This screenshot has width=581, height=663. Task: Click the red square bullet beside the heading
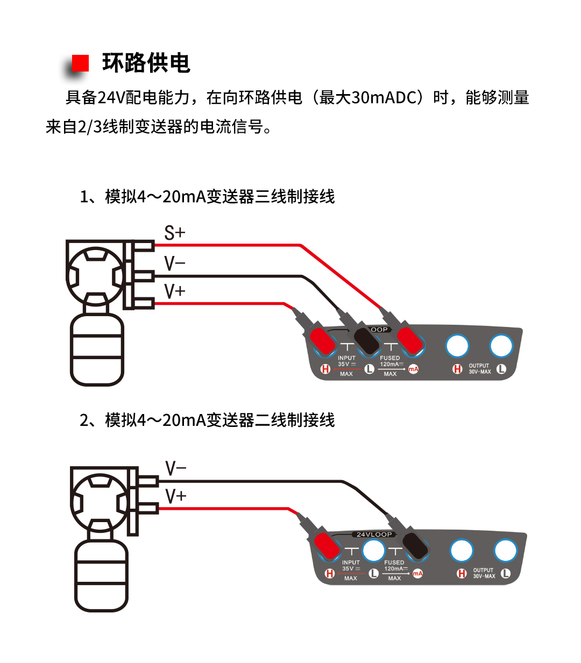click(80, 63)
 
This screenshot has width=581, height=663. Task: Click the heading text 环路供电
click(146, 63)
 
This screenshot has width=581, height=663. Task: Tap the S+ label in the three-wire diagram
click(175, 233)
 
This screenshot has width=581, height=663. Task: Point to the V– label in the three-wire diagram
click(175, 263)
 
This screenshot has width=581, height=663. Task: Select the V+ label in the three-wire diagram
click(175, 291)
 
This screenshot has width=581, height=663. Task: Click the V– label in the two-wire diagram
click(176, 468)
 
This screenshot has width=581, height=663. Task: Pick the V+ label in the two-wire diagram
click(176, 496)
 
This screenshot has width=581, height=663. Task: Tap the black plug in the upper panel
click(367, 341)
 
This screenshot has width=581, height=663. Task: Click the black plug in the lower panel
click(416, 545)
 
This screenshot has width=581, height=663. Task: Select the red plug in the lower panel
click(327, 546)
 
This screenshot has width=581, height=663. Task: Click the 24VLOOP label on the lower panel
click(374, 534)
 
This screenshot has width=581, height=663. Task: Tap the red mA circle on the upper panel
click(413, 369)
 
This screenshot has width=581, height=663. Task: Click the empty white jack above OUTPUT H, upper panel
click(457, 346)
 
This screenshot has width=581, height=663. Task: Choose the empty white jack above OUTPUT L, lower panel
click(505, 551)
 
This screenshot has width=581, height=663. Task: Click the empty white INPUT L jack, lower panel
click(373, 551)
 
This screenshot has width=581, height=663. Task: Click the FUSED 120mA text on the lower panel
click(394, 566)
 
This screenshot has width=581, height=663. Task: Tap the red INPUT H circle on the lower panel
click(330, 574)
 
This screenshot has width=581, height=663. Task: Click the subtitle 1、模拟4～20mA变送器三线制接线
click(207, 197)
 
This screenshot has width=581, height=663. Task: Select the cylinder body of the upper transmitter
click(97, 350)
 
